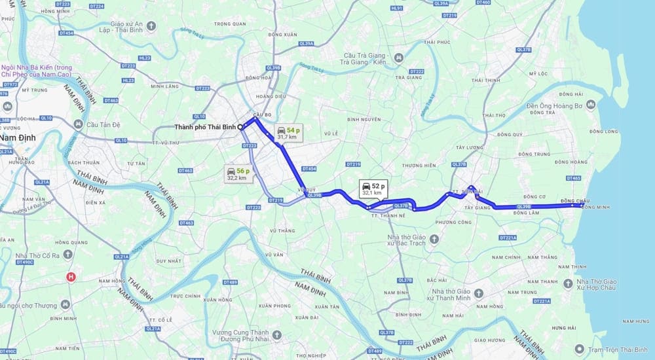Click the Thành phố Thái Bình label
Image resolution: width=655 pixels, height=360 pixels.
pos(206,126)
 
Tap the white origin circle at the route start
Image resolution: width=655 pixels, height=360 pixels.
pos(240,126)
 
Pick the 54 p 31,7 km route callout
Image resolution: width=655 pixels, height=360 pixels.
pos(287,133)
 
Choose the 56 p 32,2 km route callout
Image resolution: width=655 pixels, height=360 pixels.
pos(236,173)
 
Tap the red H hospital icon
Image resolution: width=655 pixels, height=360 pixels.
pos(71,277)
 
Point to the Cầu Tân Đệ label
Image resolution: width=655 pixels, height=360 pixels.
pos(100,124)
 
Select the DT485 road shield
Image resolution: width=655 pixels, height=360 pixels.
pos(573,178)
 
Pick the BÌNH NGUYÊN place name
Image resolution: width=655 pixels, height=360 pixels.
pos(364,119)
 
